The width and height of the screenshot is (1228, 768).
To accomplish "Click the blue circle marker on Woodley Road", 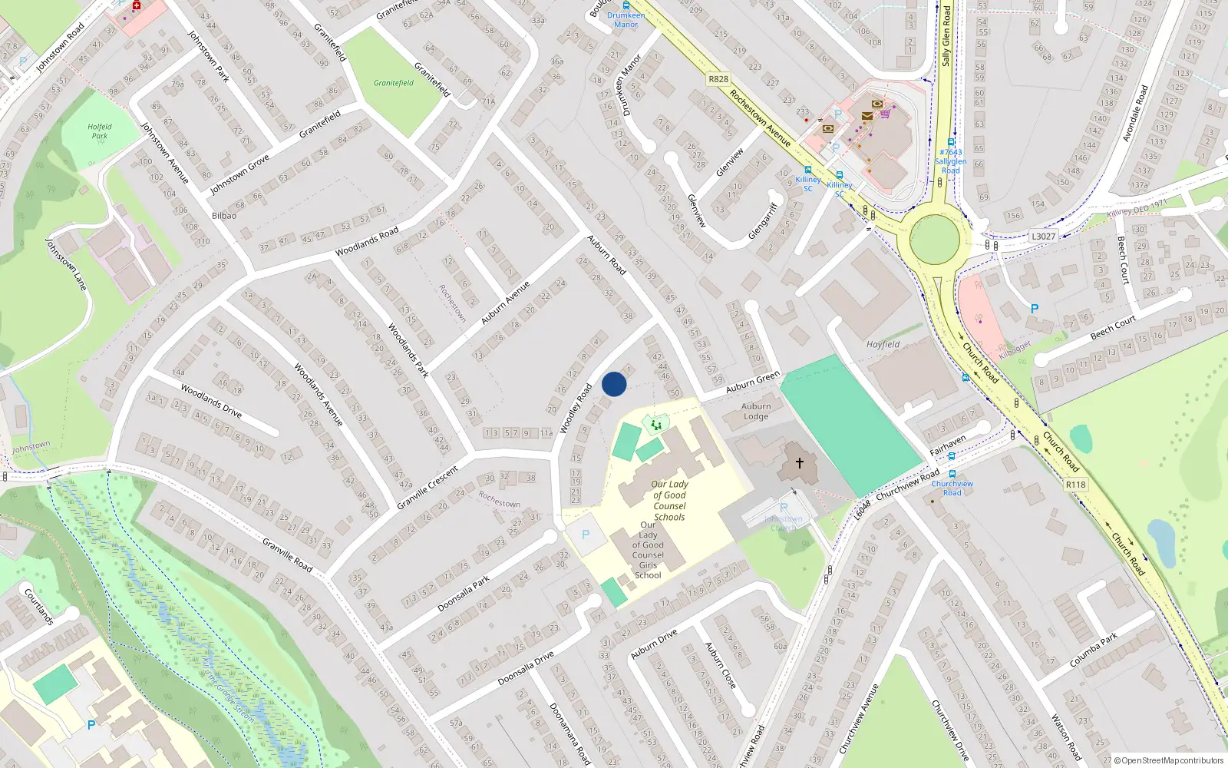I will click(614, 384).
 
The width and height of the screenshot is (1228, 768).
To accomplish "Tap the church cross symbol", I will click(800, 463).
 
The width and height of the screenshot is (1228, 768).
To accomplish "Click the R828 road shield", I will click(718, 79).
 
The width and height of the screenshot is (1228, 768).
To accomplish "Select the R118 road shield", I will click(1075, 485).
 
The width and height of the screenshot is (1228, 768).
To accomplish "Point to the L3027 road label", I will click(1043, 237).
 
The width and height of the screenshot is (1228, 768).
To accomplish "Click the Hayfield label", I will click(883, 345).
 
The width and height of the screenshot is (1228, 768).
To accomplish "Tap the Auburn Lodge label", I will click(756, 412).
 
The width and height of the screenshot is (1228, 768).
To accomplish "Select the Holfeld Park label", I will click(100, 131).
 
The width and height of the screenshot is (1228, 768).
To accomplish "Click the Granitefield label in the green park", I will click(394, 83).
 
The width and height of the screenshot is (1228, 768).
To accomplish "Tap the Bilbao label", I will click(224, 216).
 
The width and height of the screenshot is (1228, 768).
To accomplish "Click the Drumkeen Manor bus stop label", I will click(626, 20).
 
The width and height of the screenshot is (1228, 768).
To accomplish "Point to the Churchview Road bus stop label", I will click(952, 488).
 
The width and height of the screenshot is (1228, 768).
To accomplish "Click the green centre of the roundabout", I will click(934, 240).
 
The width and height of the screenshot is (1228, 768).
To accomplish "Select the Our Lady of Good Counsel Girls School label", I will click(648, 550).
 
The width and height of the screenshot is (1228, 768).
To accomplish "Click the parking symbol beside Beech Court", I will click(1034, 309).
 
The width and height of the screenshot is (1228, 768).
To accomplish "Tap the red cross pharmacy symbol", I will click(137, 6).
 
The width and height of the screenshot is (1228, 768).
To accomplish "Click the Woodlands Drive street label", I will click(211, 402).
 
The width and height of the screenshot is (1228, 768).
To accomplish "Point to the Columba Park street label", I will click(1094, 650).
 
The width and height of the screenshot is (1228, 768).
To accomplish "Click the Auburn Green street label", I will click(752, 382).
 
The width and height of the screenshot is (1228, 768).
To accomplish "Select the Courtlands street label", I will click(38, 607).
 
